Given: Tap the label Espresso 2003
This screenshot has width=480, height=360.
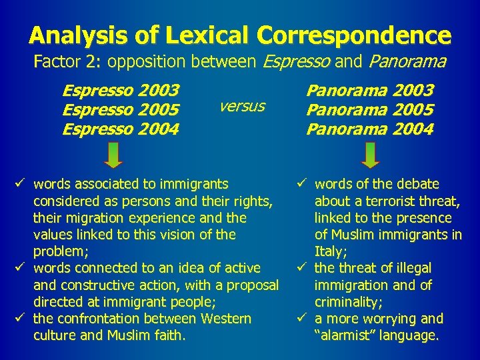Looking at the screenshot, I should point(120,90).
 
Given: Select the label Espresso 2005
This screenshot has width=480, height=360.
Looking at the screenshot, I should point(120,109).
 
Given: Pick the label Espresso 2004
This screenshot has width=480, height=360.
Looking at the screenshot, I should point(120,129).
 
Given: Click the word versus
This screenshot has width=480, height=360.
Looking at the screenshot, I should point(242,107).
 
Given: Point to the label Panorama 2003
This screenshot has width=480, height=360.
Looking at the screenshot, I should point(370,90).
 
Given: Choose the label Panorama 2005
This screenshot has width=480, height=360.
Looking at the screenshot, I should point(370,109).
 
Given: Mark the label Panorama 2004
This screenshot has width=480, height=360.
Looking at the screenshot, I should point(370,129).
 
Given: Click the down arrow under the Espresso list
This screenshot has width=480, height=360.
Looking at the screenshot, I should point(114,155).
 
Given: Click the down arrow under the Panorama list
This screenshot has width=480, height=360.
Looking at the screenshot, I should point(370,155).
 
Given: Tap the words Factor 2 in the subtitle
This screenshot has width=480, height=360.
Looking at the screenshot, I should point(67,63).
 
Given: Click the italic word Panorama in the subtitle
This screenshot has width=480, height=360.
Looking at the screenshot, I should point(407,63).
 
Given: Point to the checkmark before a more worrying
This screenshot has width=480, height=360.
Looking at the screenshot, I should point(304,319).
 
